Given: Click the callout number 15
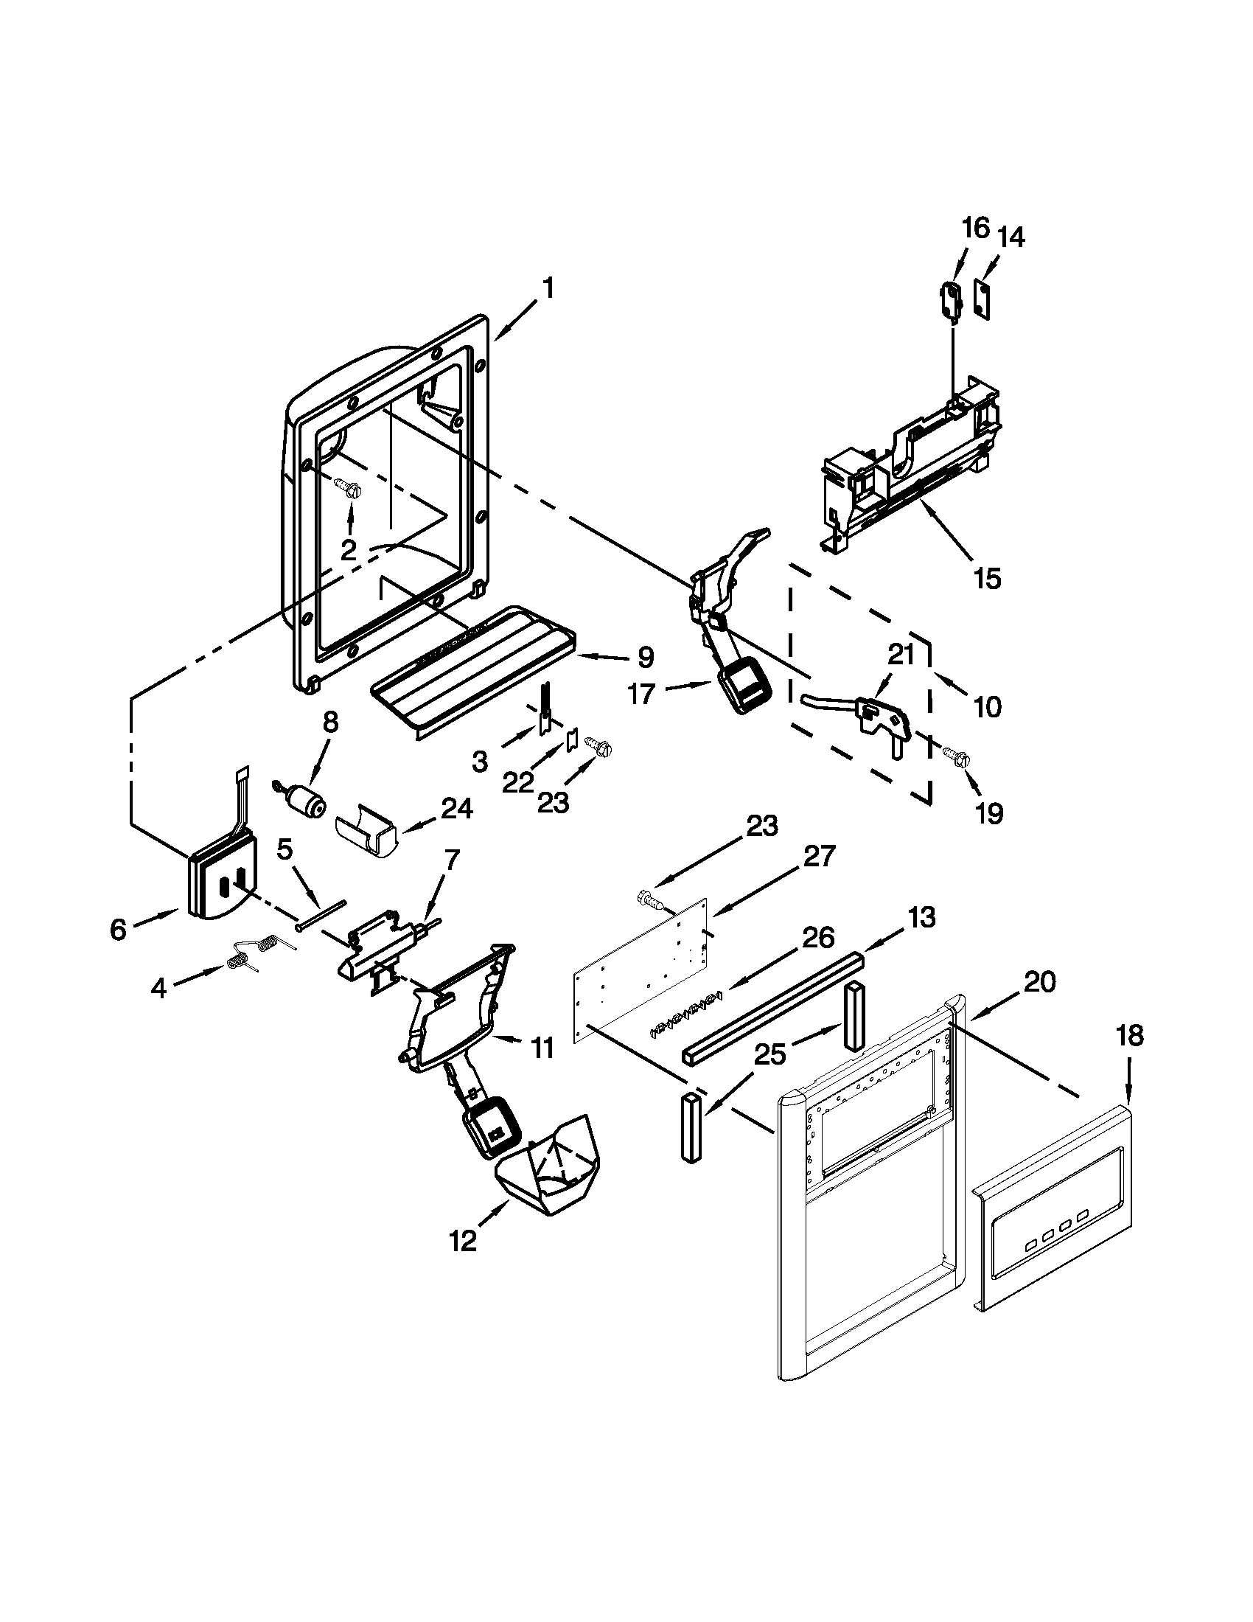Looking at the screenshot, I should pos(987,578).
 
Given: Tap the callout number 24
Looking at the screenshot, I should pos(456,808).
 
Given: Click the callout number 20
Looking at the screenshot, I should pos(1039,982).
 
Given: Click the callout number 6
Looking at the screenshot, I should pos(119,929).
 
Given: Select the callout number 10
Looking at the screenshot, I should pos(987,706).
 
